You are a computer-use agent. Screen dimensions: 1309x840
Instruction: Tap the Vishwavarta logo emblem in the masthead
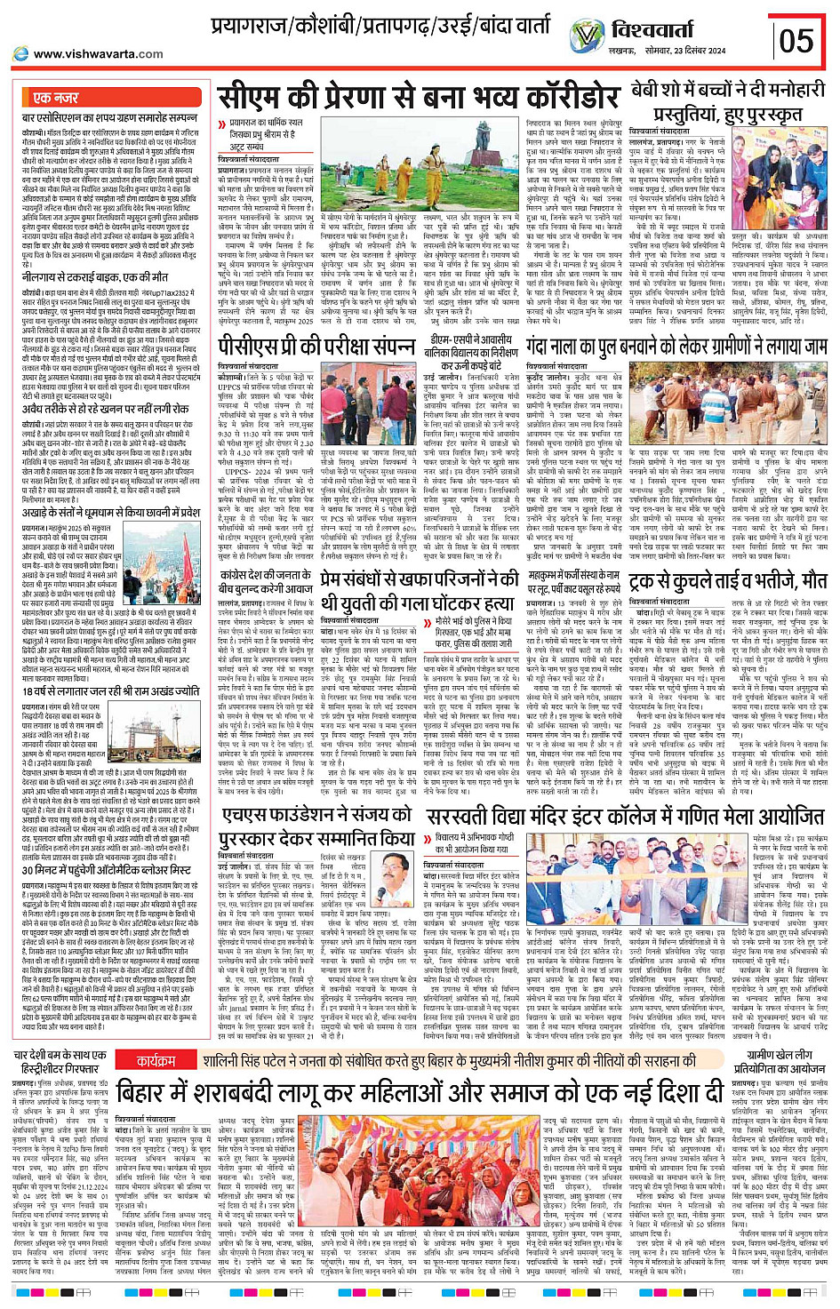(x=587, y=36)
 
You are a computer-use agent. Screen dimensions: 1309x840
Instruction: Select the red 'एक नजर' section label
(x=54, y=97)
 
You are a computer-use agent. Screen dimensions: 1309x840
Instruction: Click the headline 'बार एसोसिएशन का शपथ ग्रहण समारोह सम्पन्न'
(x=109, y=116)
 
